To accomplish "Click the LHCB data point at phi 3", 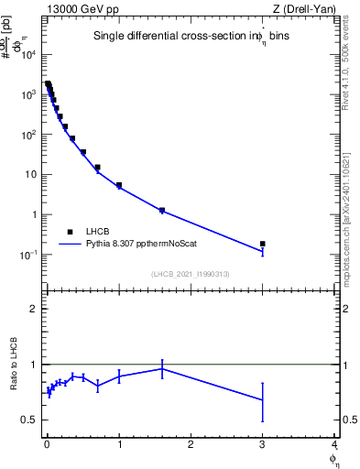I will [263, 244].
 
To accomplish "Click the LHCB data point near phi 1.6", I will [162, 211].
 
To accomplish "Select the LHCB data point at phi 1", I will [119, 185].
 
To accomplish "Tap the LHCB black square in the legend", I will [70, 232].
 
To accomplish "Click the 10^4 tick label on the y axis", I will [29, 54].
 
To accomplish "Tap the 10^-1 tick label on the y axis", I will [28, 255].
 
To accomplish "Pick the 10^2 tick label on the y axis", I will [29, 135].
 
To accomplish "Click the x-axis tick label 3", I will [263, 444].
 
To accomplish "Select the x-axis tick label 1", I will [119, 444].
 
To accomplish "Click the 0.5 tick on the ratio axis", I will [31, 420].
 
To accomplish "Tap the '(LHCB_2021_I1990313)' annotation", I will [190, 274].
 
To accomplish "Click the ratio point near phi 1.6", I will [162, 368].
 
